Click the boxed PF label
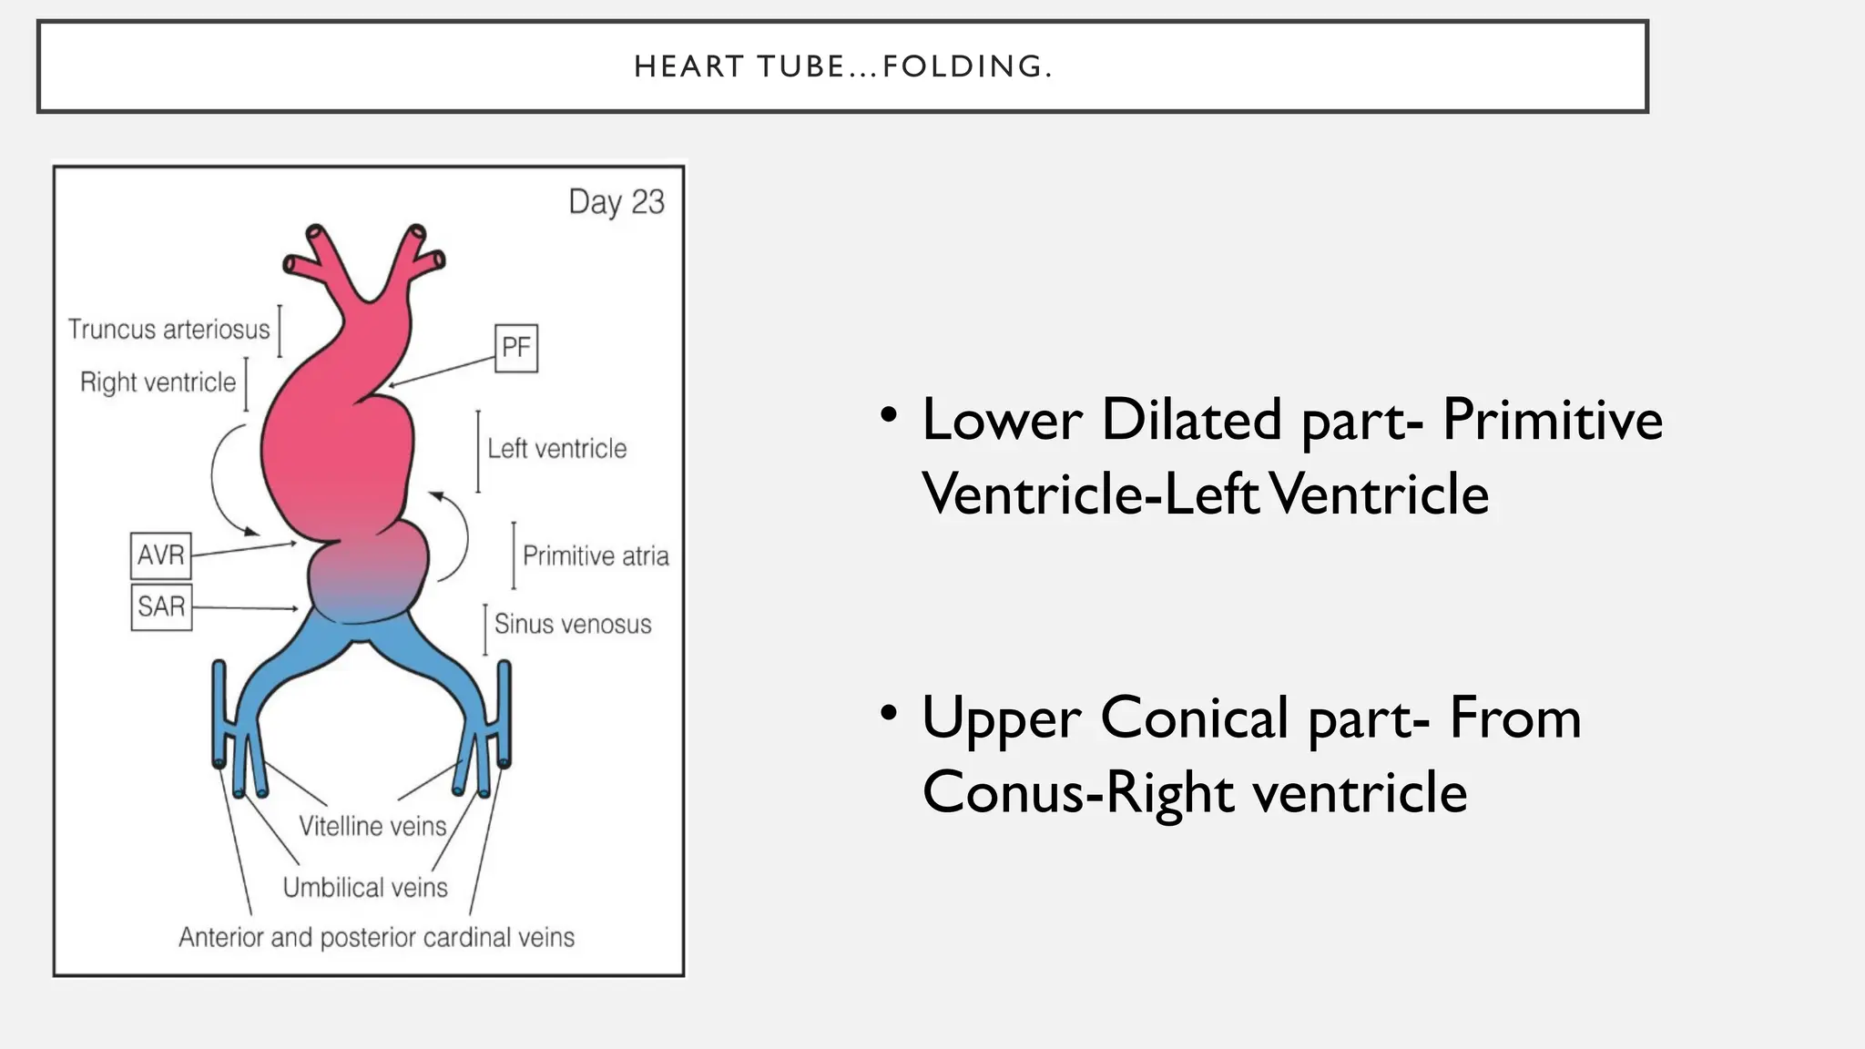pyautogui.click(x=516, y=348)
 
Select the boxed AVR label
pyautogui.click(x=161, y=555)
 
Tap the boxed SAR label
pyautogui.click(x=161, y=606)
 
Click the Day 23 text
pyautogui.click(x=617, y=202)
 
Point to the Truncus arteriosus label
pyautogui.click(x=169, y=329)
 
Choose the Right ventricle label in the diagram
pyautogui.click(x=158, y=382)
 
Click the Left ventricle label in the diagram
pyautogui.click(x=557, y=448)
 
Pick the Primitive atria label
pyautogui.click(x=596, y=555)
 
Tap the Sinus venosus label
pyautogui.click(x=573, y=624)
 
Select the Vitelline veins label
pyautogui.click(x=373, y=826)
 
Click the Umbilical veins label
pyautogui.click(x=365, y=887)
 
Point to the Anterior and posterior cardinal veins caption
pyautogui.click(x=377, y=937)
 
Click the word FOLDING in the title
pyautogui.click(x=968, y=66)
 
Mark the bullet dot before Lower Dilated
pyautogui.click(x=890, y=414)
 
